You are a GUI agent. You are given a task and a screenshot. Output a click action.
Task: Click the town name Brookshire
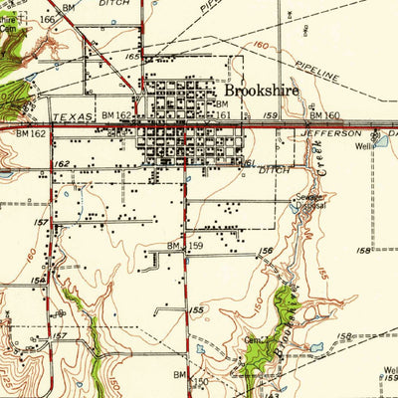[261, 90]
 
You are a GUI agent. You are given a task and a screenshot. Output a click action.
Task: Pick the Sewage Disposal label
[306, 205]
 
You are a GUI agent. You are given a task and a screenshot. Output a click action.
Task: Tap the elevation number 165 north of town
[131, 59]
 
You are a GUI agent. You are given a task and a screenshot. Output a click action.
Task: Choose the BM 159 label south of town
[187, 245]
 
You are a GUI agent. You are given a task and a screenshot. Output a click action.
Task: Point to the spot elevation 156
[266, 252]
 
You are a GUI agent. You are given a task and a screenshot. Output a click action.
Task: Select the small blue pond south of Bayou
[317, 348]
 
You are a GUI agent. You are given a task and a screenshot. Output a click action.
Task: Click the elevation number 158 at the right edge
[363, 250]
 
